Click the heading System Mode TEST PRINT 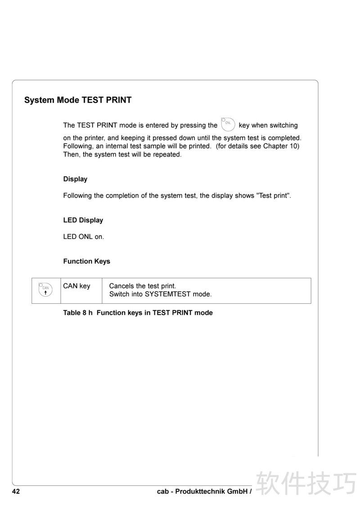point(78,100)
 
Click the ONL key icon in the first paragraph point(228,123)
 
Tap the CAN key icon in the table point(45,290)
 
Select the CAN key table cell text point(76,286)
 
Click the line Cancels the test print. point(143,286)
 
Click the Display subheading point(75,179)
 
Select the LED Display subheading point(83,220)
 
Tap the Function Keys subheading point(86,261)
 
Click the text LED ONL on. point(83,236)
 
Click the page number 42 point(16,492)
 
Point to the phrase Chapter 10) point(281,146)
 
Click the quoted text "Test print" point(273,196)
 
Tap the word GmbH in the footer point(237,492)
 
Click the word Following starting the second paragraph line point(77,146)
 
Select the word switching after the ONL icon point(283,125)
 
